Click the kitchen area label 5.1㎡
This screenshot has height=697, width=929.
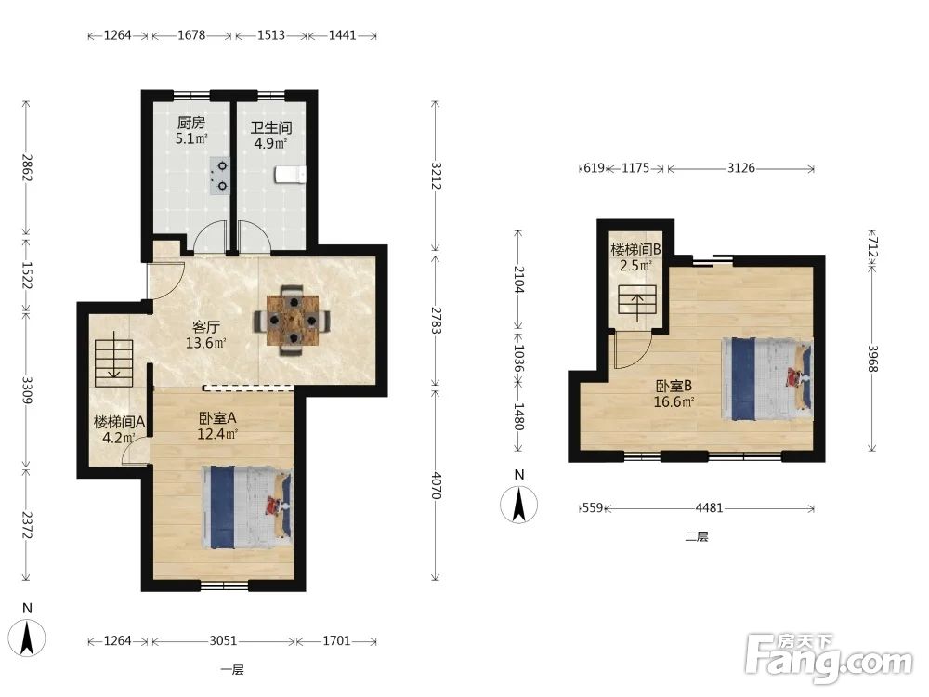(191, 139)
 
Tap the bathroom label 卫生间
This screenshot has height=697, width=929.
(270, 127)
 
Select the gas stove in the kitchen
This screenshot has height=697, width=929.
(219, 176)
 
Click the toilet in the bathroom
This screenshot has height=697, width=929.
(290, 175)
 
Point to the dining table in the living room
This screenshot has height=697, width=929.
(293, 320)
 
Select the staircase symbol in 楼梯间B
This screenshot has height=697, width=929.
(637, 300)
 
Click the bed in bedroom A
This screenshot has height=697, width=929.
(247, 506)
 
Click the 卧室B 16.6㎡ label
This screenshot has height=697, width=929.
(674, 393)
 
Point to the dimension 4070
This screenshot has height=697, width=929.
(436, 485)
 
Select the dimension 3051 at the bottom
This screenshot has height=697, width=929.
(223, 640)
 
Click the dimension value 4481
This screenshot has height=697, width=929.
(709, 508)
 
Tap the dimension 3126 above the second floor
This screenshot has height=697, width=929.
(741, 167)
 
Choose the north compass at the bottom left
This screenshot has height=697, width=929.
(27, 633)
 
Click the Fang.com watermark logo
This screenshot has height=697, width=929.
(829, 657)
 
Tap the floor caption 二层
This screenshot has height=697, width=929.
(697, 537)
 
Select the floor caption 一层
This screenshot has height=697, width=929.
(232, 670)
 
